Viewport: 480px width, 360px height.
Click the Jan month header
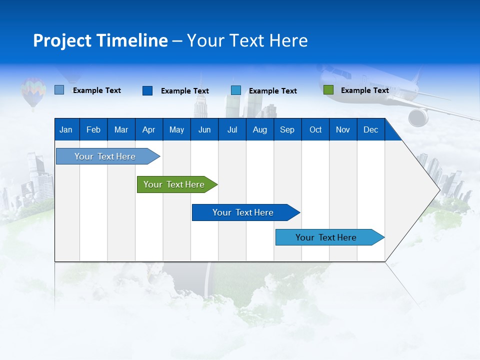click(66, 130)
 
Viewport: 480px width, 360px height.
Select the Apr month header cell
click(148, 130)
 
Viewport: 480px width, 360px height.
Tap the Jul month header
click(232, 130)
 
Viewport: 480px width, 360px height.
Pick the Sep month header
click(287, 130)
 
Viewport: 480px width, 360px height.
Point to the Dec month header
click(370, 130)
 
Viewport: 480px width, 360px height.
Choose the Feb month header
click(93, 130)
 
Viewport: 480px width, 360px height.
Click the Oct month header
click(315, 130)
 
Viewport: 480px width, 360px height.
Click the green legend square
click(328, 90)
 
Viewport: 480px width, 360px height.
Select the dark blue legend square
click(147, 90)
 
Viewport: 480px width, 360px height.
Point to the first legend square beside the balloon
click(59, 90)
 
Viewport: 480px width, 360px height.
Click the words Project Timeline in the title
click(100, 40)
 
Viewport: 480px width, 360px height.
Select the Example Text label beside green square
click(364, 90)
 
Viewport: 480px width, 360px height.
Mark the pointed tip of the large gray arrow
click(439, 190)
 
